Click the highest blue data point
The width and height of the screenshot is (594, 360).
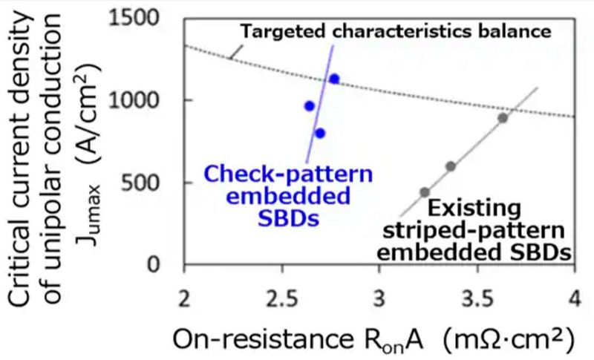click(x=334, y=79)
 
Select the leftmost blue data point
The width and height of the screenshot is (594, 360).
click(x=310, y=106)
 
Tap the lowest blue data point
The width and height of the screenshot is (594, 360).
click(x=320, y=134)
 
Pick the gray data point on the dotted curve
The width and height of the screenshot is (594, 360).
click(x=503, y=118)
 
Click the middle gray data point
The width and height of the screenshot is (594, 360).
click(x=451, y=166)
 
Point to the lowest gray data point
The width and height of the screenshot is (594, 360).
click(x=425, y=192)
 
